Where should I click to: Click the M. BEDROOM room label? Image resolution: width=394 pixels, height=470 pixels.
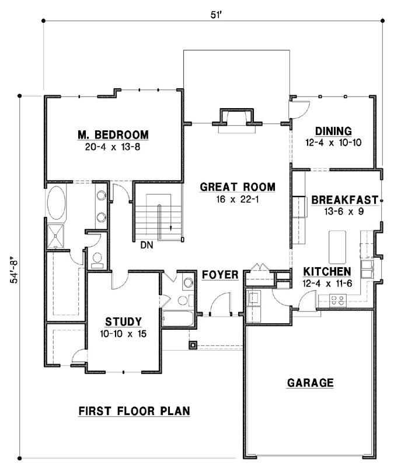tap(113, 135)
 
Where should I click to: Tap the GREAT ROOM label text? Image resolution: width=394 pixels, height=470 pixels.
tap(237, 187)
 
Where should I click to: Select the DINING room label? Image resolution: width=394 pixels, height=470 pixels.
tap(333, 131)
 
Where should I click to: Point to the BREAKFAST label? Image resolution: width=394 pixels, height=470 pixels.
tap(344, 200)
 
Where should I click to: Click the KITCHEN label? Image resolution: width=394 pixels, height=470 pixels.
tap(327, 272)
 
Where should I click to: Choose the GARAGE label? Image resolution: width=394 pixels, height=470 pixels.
tap(310, 383)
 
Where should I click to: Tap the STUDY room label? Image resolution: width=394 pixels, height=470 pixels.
tap(123, 322)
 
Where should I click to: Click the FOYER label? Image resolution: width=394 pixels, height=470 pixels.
tap(220, 275)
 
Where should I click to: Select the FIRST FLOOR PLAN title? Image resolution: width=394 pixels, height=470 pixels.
tap(134, 411)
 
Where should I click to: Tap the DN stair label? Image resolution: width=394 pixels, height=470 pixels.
tap(146, 246)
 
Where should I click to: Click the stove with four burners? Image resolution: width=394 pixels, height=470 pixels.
tap(337, 300)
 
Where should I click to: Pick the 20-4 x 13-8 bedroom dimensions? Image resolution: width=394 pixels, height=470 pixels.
tap(113, 147)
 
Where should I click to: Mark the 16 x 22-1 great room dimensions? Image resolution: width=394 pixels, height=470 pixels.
tap(237, 199)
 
